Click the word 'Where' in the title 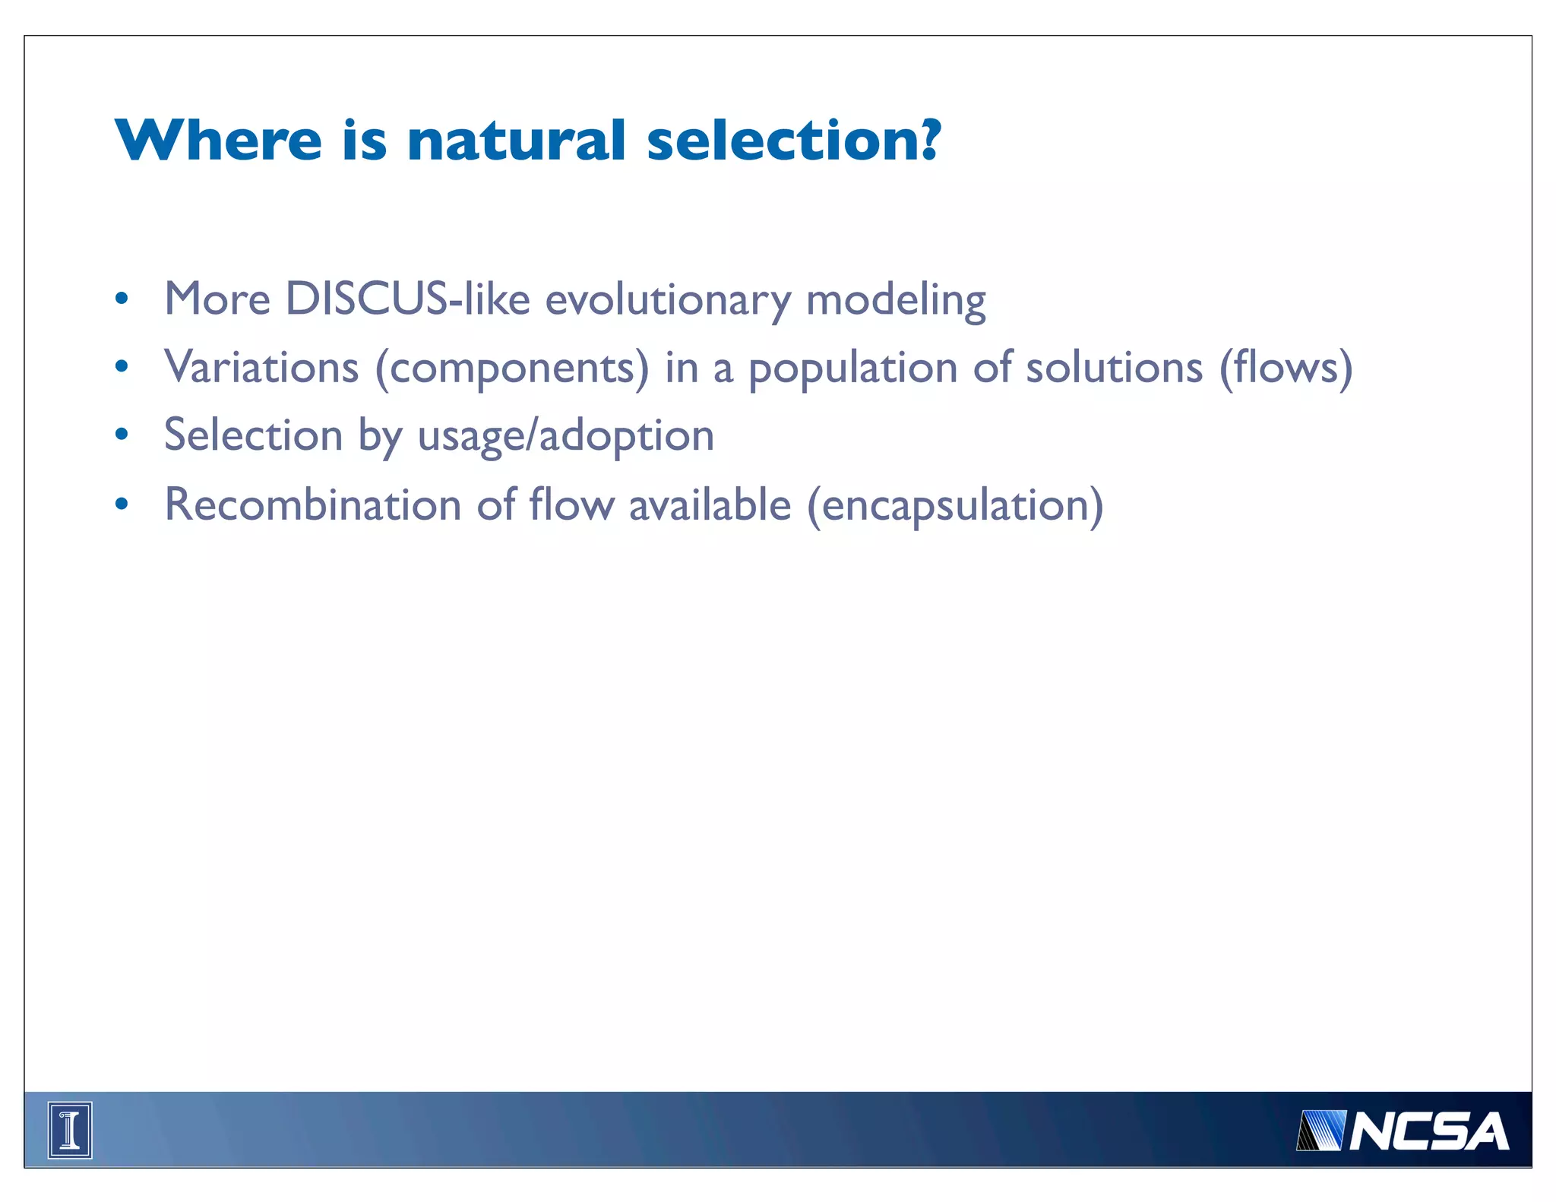pos(219,141)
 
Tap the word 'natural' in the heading pos(516,141)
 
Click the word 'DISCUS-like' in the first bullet pos(407,299)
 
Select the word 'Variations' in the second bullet pos(261,367)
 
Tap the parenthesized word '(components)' pos(513,369)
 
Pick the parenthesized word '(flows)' pos(1286,369)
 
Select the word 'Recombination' pos(313,505)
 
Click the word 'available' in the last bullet pos(710,505)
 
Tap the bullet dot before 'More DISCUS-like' pos(122,299)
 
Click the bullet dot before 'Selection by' pos(122,435)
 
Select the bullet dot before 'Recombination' pos(122,505)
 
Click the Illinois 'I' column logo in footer pos(70,1130)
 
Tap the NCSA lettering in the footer pos(1428,1131)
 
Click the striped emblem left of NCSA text pos(1320,1131)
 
